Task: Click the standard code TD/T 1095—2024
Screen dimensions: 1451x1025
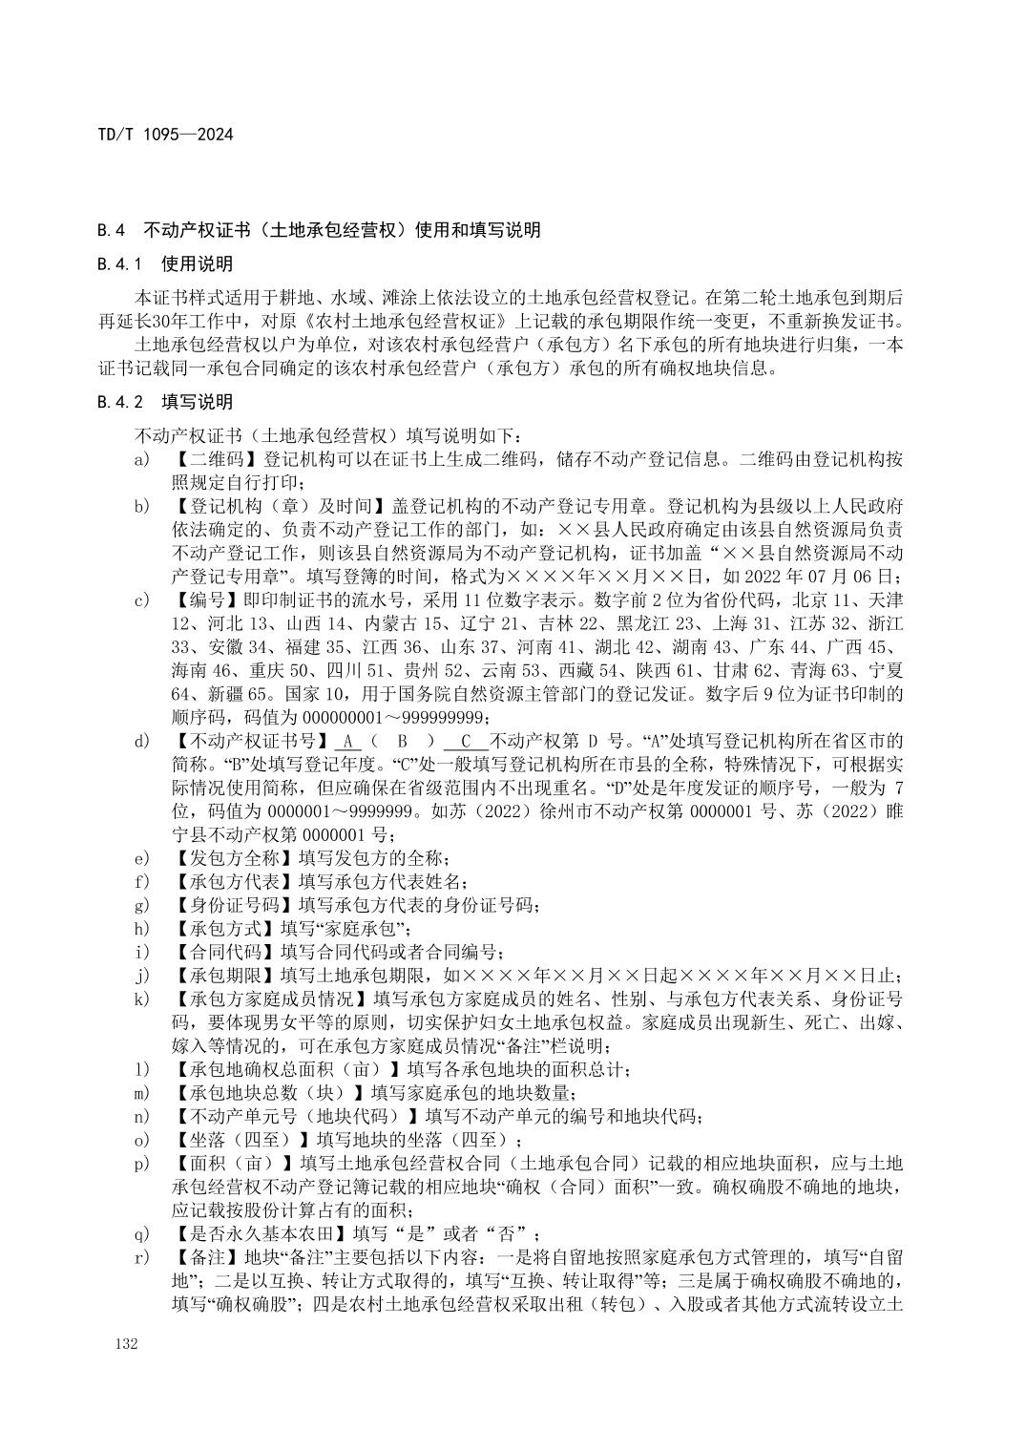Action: pos(166,135)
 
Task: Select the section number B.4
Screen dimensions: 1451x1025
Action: pos(112,230)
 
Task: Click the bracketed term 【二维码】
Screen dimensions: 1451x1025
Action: pos(215,459)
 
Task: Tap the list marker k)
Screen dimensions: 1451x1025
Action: pos(142,999)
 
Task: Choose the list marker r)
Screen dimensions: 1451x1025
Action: pos(142,1256)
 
